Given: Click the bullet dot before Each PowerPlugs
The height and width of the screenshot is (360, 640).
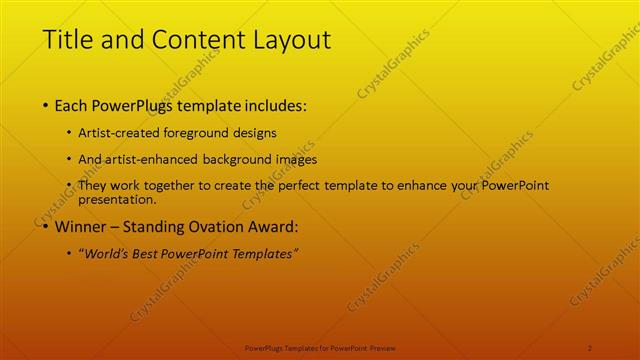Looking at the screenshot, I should pyautogui.click(x=46, y=105).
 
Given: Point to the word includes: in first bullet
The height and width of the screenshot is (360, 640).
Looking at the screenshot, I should pyautogui.click(x=272, y=105).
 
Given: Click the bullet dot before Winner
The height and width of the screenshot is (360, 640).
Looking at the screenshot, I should pyautogui.click(x=46, y=226).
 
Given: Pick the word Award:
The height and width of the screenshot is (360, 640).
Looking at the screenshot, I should pyautogui.click(x=270, y=226).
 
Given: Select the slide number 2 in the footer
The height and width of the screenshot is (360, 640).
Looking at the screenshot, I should pyautogui.click(x=590, y=347).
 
